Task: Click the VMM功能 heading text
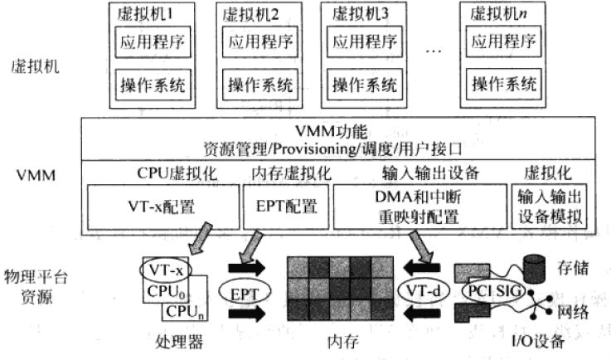[330, 132]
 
